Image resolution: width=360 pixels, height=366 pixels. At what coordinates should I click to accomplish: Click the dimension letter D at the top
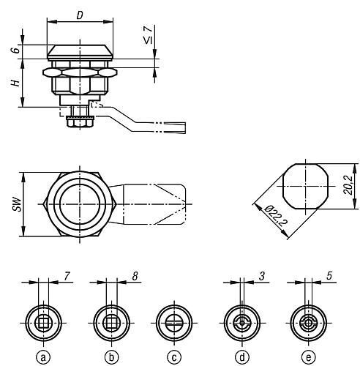coord(80,15)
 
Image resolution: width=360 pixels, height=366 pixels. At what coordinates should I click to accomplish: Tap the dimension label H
coord(15,83)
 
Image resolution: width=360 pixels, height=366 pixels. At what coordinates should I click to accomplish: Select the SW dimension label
coord(17,203)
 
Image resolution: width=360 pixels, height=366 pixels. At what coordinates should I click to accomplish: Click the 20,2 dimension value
coord(348,185)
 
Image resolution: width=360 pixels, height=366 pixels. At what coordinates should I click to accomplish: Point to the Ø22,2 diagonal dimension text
coord(276,216)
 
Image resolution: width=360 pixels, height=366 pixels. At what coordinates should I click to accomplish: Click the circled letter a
coord(43,357)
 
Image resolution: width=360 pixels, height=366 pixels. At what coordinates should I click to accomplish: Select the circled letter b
coord(111,357)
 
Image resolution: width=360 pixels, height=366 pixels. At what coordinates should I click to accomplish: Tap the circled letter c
coord(174,357)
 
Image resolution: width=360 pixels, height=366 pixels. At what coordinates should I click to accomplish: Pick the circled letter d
coord(242,357)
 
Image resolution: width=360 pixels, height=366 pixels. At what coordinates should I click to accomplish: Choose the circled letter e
coord(309,357)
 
